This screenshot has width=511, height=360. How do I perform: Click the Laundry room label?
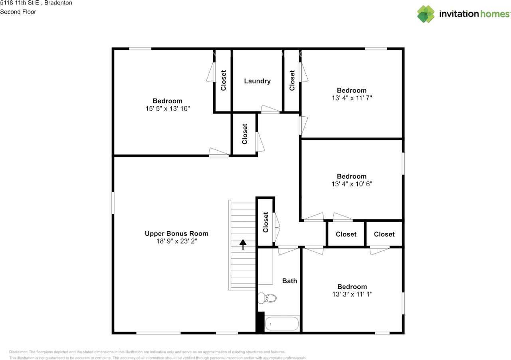click(257, 81)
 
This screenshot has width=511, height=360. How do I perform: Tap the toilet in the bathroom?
click(267, 298)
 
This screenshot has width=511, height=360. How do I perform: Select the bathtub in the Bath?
click(282, 324)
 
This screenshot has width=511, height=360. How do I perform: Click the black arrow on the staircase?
click(243, 244)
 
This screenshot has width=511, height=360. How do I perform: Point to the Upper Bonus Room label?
click(176, 233)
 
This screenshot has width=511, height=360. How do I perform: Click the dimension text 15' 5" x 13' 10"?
click(168, 108)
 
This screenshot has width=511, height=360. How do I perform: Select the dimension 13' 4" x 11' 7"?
click(352, 98)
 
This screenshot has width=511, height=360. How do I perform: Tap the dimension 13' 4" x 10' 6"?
click(352, 184)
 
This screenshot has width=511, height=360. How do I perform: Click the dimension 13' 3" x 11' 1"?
click(352, 294)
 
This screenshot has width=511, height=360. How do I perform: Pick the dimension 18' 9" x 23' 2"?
click(176, 241)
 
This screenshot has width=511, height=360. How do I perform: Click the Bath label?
click(289, 281)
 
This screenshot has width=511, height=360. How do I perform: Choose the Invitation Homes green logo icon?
click(426, 14)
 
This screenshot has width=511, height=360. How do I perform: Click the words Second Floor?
click(18, 12)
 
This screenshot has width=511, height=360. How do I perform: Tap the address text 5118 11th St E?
click(20, 3)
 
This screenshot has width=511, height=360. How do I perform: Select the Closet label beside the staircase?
click(265, 222)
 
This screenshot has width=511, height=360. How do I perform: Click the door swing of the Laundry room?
click(270, 109)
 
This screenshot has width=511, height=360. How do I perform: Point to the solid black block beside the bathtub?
click(260, 322)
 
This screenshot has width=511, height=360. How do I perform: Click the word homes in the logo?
click(495, 14)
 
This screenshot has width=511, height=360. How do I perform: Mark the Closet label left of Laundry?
click(223, 80)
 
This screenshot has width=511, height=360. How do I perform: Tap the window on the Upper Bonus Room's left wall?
click(113, 203)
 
